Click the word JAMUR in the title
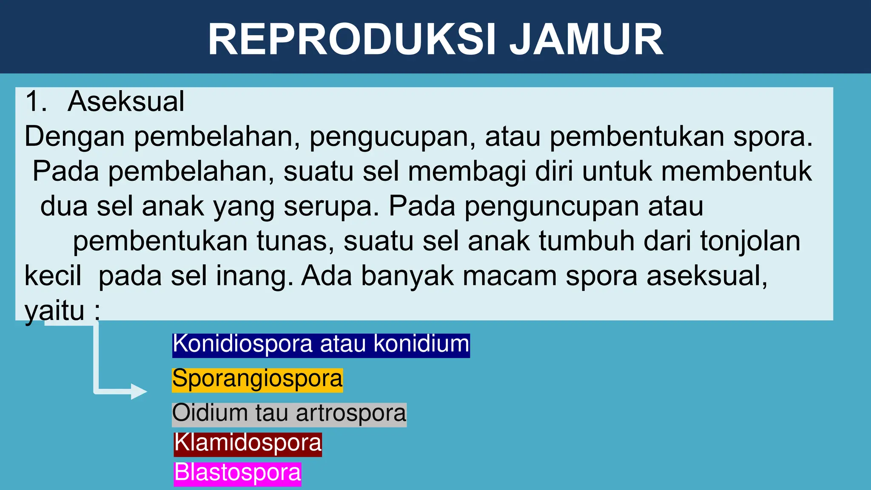pos(586,40)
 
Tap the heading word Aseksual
pos(126,102)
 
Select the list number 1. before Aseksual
pos(36,102)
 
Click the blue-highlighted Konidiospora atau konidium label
pos(321,344)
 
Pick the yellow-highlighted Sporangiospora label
pos(257,379)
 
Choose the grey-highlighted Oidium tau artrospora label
pos(289,414)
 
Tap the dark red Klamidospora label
pos(248,443)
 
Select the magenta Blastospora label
pos(237,473)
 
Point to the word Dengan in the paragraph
pos(74,137)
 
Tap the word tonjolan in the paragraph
pos(750,241)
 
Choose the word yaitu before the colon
pos(54,311)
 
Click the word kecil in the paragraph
pos(53,276)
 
